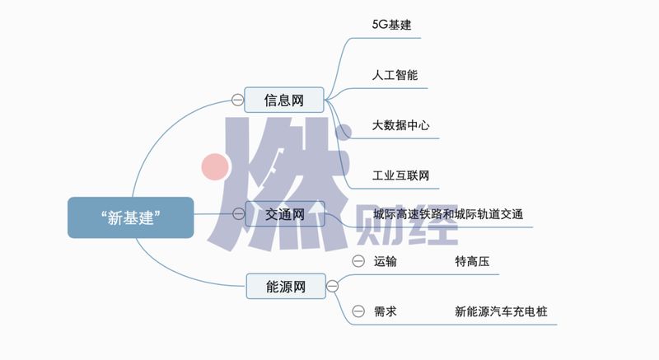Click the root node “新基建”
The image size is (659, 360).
[130, 217]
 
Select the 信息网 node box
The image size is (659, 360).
[284, 101]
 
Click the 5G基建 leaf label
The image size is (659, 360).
[391, 25]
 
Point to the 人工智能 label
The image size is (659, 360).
[395, 75]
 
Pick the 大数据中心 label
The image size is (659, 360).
[400, 126]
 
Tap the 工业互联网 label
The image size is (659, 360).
[400, 175]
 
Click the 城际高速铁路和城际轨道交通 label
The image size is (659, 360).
[447, 214]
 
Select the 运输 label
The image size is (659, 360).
[385, 262]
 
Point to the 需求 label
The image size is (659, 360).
[385, 311]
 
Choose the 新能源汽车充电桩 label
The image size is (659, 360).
[501, 311]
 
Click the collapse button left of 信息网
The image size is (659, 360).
[237, 101]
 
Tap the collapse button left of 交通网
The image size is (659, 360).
[238, 214]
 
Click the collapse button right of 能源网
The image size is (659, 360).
[332, 287]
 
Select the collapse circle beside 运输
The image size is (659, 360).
[358, 262]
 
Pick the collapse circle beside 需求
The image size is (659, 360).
[358, 311]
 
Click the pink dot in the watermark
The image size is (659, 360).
[215, 167]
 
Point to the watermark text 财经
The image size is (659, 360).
[409, 227]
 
